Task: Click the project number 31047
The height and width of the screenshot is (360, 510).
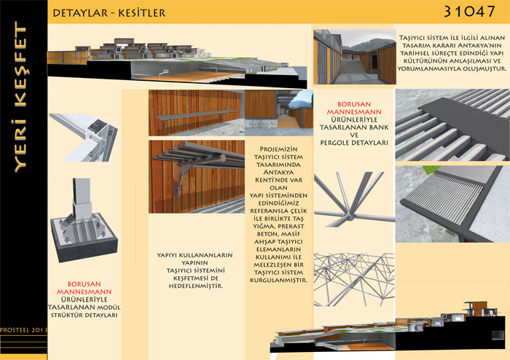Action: tap(469, 12)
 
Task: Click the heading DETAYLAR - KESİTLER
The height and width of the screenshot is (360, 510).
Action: tap(109, 13)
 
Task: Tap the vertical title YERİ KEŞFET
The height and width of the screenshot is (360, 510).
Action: tap(20, 97)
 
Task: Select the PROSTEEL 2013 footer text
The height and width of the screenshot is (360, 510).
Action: tap(24, 330)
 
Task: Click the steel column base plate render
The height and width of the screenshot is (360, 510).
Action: tap(84, 220)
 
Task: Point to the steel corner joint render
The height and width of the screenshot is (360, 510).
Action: tap(84, 137)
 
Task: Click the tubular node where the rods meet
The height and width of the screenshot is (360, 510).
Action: tap(349, 216)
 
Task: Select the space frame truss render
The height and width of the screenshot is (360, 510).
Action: tap(354, 279)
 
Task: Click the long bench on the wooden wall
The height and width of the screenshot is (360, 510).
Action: tap(195, 115)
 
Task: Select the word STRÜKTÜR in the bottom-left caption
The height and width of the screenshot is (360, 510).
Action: tap(64, 315)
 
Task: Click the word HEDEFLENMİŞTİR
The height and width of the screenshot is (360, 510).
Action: tap(196, 286)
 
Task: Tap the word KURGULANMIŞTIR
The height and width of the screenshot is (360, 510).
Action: tap(279, 280)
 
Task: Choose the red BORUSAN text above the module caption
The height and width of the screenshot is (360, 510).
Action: tap(85, 284)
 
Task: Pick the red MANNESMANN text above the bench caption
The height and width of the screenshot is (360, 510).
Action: tap(354, 112)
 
